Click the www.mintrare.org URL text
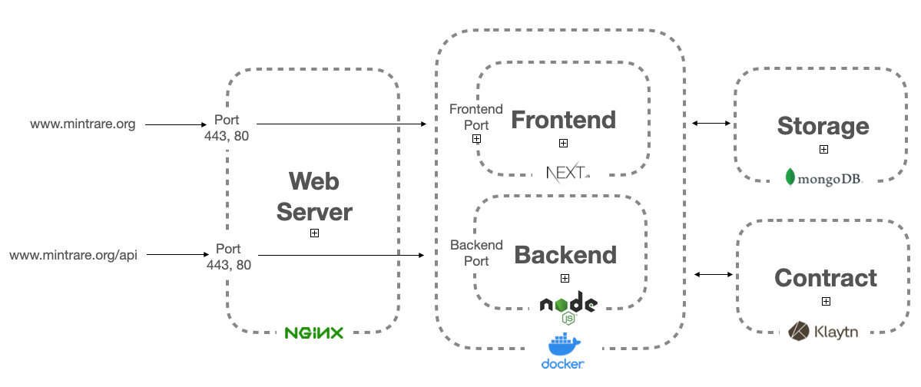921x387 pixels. tap(83, 124)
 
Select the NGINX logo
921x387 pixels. tap(313, 332)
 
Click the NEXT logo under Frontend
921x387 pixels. tap(568, 172)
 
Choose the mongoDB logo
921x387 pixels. tap(823, 178)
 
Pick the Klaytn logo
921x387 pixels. tap(823, 332)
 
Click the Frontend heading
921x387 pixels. tap(563, 120)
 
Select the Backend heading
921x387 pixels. tap(565, 255)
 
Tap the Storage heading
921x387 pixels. tap(823, 126)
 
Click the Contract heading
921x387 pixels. tap(826, 277)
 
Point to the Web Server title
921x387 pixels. tap(314, 197)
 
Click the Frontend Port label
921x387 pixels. tap(476, 117)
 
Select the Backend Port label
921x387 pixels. tap(476, 253)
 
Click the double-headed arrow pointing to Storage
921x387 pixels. tap(711, 123)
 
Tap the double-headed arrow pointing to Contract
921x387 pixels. tap(713, 273)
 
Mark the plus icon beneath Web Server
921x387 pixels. tap(314, 233)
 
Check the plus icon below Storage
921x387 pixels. tap(823, 150)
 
